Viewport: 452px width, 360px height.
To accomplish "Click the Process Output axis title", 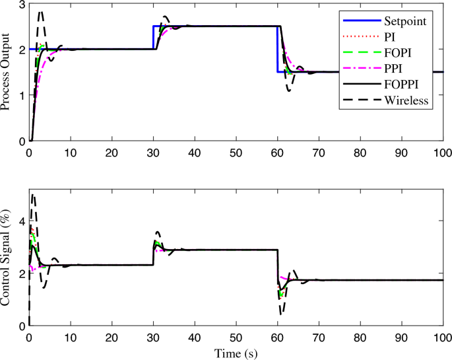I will (x=8, y=71).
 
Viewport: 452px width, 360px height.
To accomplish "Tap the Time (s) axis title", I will (x=236, y=353).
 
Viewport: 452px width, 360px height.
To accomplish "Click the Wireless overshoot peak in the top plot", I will (x=42, y=12).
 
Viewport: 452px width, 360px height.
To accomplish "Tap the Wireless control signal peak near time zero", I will (x=33, y=195).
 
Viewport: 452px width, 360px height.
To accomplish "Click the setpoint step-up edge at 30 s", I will (x=153, y=38).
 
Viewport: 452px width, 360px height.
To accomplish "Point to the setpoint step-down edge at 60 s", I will (x=277, y=50).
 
